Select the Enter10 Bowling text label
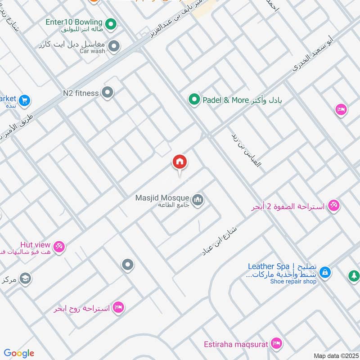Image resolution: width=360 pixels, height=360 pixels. [x=74, y=22]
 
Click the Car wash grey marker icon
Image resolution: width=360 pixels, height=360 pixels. [x=114, y=46]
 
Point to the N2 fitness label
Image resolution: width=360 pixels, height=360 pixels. [x=81, y=93]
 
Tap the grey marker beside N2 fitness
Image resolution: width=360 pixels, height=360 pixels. [x=108, y=93]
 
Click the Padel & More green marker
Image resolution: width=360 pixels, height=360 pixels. [x=194, y=99]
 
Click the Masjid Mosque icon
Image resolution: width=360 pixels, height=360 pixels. [x=198, y=199]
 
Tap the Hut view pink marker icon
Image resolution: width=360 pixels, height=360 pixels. [x=59, y=246]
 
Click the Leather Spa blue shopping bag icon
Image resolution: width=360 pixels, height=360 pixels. [x=325, y=272]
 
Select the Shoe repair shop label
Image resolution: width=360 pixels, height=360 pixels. [x=293, y=282]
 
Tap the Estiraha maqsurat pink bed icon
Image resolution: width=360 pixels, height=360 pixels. [x=276, y=344]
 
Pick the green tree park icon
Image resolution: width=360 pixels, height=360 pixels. [x=354, y=275]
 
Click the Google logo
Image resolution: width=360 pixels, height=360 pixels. [x=19, y=353]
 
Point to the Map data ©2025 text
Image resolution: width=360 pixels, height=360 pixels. [x=335, y=356]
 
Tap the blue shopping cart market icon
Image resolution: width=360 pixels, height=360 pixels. [x=25, y=100]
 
